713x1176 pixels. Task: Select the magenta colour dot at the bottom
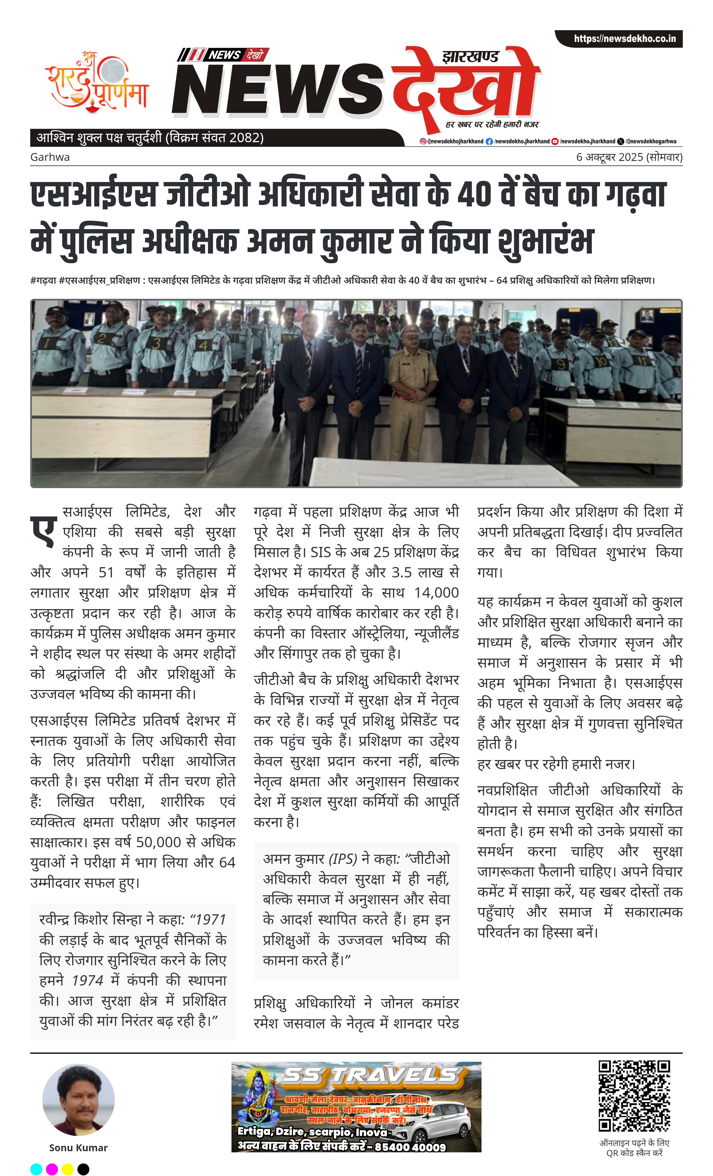point(52,1169)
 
